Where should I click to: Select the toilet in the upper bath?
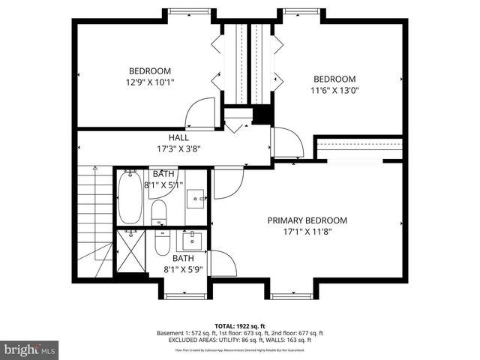[x=159, y=211]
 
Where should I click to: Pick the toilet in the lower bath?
[x=162, y=244]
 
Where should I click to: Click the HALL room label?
[x=178, y=137]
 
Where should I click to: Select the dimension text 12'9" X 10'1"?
[x=149, y=83]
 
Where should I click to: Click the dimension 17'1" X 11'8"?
[x=307, y=232]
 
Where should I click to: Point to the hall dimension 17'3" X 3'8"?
[x=178, y=148]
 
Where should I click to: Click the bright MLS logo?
[x=30, y=349]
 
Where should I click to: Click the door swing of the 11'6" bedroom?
[x=288, y=142]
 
